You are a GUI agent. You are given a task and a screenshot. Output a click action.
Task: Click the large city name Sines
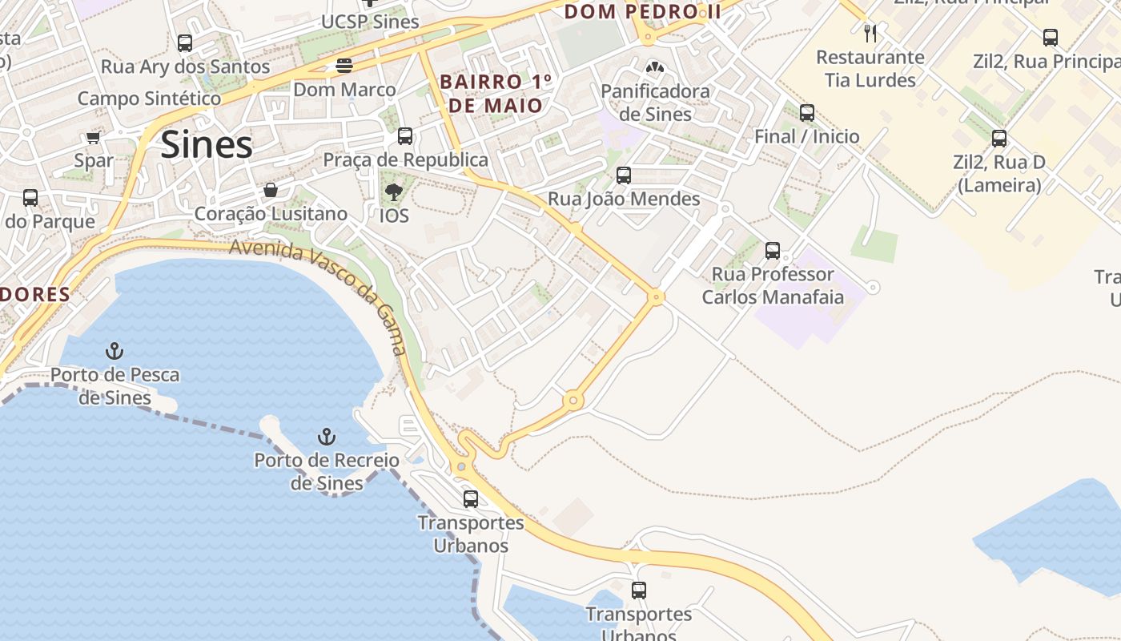[207, 145]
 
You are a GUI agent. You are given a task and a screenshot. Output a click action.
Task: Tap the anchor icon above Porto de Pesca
[115, 351]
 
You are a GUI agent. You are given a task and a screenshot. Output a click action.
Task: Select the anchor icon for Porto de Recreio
[326, 437]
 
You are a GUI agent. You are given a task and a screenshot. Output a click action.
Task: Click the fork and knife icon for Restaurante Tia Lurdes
[870, 34]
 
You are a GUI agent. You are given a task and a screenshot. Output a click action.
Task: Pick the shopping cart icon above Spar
[93, 138]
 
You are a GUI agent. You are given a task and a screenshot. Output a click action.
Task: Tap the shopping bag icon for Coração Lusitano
[271, 191]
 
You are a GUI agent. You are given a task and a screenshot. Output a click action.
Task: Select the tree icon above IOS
[393, 192]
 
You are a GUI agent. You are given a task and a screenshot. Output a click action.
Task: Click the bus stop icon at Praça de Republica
[405, 136]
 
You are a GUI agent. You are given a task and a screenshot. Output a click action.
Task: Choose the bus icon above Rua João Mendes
[624, 175]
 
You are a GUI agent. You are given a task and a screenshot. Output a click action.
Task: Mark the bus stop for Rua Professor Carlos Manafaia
[773, 251]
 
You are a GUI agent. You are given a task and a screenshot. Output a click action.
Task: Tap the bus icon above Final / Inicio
[807, 113]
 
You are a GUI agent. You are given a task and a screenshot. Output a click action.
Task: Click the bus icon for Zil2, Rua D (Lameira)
[999, 139]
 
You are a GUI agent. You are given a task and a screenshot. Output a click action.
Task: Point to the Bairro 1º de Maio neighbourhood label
[496, 94]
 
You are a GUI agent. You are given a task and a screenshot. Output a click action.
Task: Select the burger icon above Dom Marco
[344, 66]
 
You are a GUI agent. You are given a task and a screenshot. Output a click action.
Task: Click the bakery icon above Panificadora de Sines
[655, 68]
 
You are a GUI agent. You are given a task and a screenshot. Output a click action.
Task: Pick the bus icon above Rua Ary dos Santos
[185, 43]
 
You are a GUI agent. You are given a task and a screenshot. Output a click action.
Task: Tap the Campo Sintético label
[149, 99]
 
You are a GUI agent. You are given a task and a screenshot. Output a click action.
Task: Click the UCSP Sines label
[370, 22]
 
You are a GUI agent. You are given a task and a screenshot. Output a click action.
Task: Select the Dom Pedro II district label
[643, 12]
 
